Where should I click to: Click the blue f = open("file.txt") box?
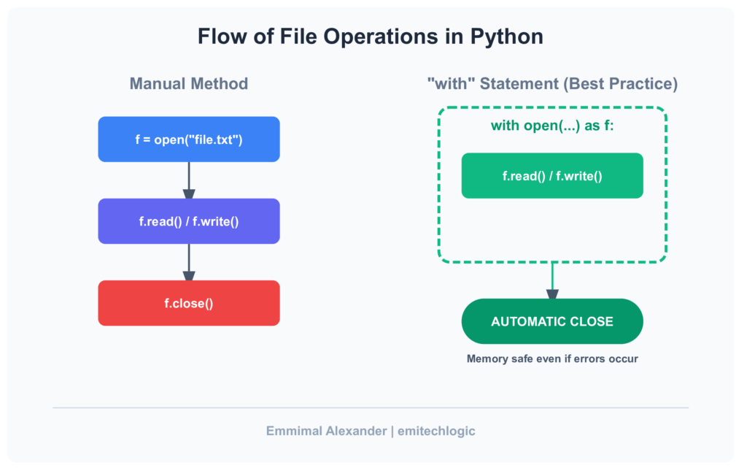pyautogui.click(x=189, y=139)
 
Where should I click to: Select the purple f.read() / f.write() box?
pyautogui.click(x=189, y=221)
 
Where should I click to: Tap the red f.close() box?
pyautogui.click(x=189, y=302)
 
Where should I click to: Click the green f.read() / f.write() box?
pyautogui.click(x=552, y=175)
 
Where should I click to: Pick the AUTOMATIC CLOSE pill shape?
pyautogui.click(x=552, y=321)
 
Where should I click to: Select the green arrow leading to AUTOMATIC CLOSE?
pyautogui.click(x=552, y=280)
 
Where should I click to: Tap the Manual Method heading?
pyautogui.click(x=189, y=84)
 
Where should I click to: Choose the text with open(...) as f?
pyautogui.click(x=552, y=126)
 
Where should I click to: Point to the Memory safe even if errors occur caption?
pyautogui.click(x=552, y=359)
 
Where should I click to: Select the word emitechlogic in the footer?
pyautogui.click(x=436, y=431)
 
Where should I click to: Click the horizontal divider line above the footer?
pyautogui.click(x=370, y=407)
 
